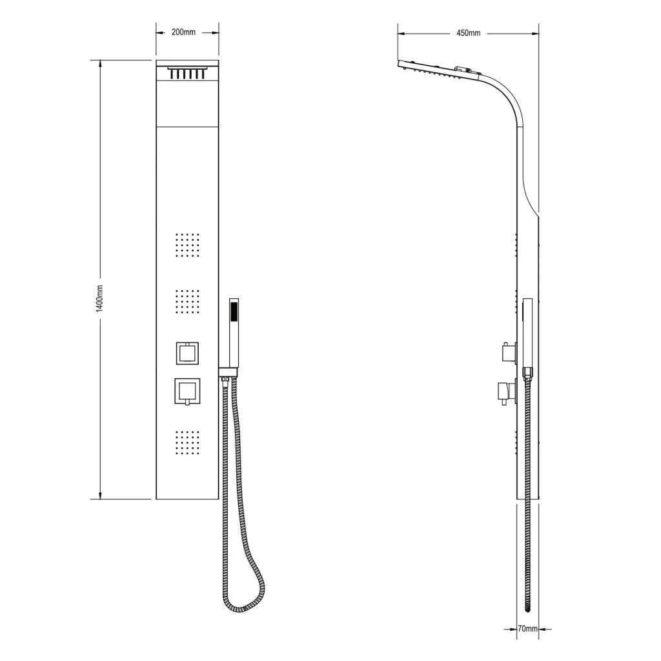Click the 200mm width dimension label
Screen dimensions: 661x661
click(x=183, y=32)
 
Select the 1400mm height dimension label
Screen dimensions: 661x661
click(x=100, y=298)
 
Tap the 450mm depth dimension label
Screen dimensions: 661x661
click(x=469, y=34)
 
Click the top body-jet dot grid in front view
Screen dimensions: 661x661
click(x=187, y=245)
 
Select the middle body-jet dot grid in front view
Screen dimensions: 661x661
click(x=187, y=302)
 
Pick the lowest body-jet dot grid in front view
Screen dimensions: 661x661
click(x=187, y=443)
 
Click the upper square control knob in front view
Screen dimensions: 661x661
click(x=188, y=353)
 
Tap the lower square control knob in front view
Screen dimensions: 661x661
click(x=187, y=392)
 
